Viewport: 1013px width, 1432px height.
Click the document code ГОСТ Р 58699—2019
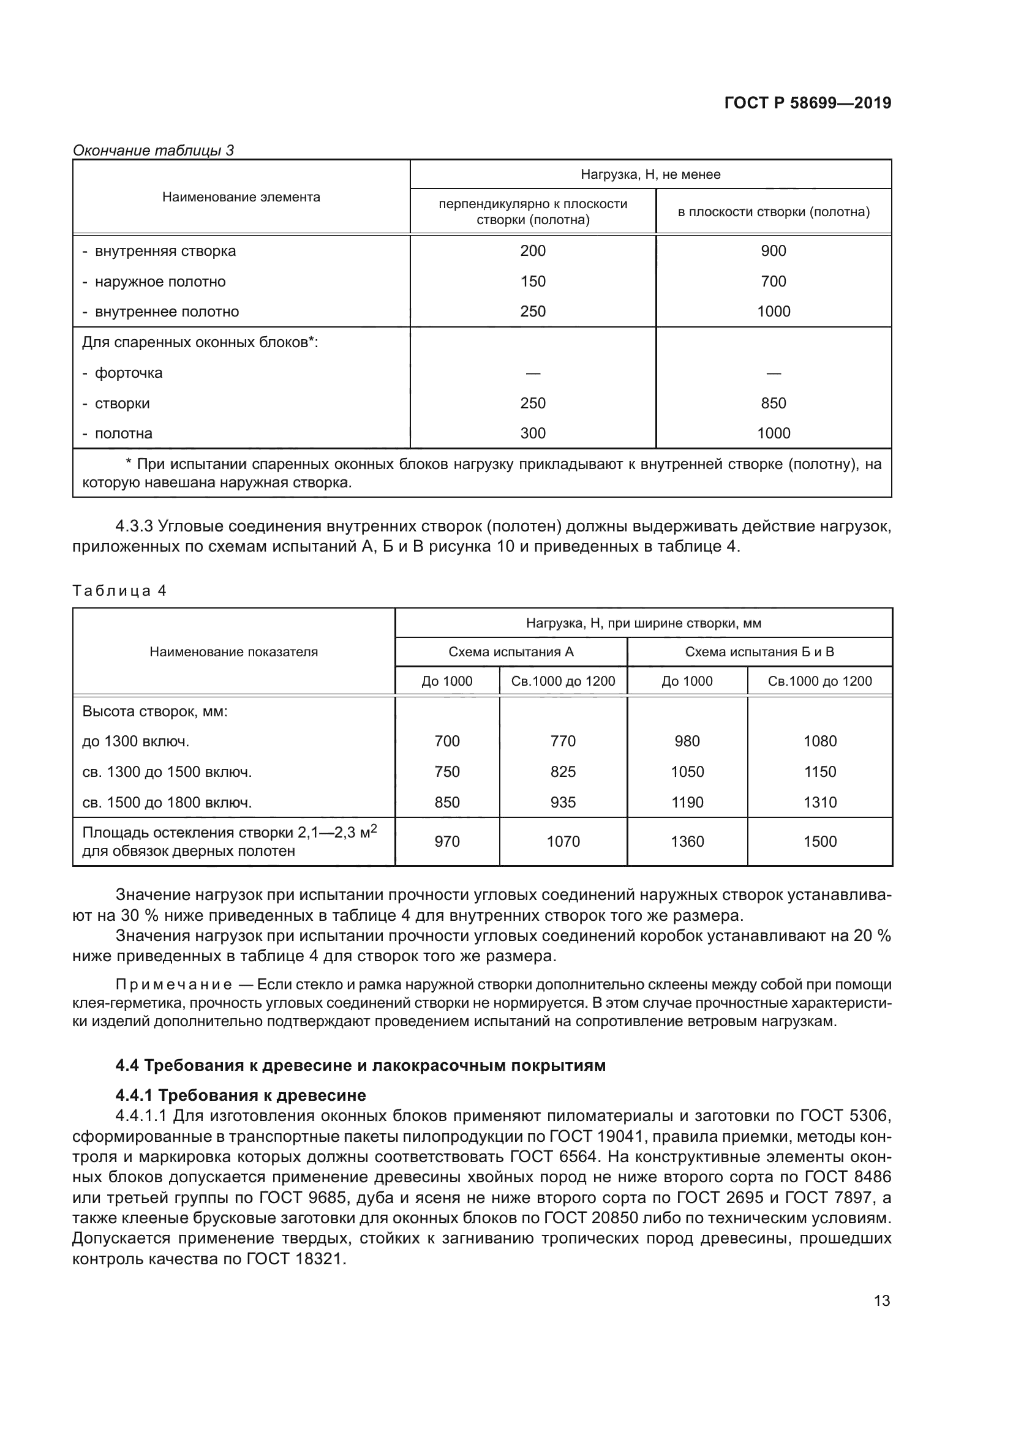807,103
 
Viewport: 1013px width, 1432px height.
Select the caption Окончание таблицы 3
154,151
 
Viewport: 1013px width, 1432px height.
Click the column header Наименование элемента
241,197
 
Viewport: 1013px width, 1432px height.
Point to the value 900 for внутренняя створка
773,251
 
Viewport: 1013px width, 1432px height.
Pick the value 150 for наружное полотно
533,281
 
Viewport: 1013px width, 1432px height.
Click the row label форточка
128,373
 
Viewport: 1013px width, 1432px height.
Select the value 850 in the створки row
773,403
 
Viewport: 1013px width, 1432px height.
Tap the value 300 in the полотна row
533,433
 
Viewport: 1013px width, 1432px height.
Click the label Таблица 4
119,591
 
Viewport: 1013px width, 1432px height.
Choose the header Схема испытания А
510,652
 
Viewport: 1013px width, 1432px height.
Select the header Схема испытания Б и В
759,652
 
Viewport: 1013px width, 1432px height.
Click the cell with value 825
563,771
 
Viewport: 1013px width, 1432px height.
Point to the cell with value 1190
687,802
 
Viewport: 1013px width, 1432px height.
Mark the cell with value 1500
819,841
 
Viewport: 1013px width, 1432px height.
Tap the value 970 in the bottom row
446,841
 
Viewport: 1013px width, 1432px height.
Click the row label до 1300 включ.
135,741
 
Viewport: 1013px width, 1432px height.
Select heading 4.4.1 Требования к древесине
241,1095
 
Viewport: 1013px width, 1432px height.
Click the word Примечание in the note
174,985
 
